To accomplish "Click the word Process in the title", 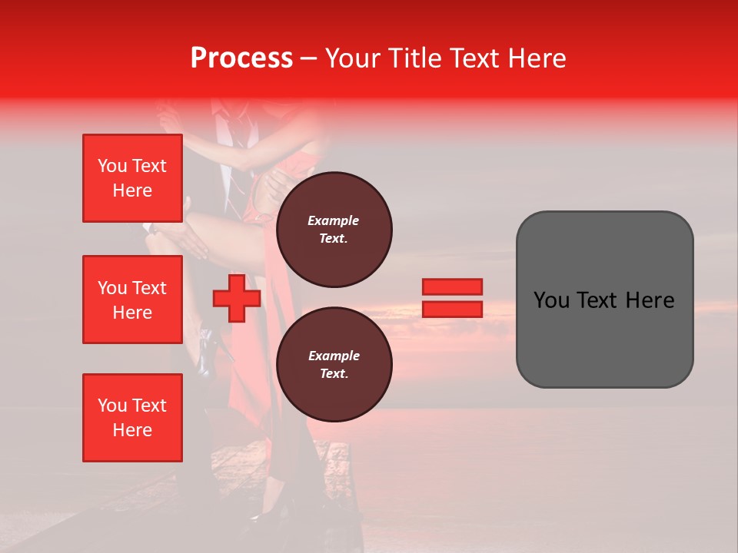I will (x=241, y=58).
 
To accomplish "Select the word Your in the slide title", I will (x=354, y=58).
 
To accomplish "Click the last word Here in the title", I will (x=535, y=58).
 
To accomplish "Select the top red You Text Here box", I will (x=132, y=178).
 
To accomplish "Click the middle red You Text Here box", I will (x=132, y=300).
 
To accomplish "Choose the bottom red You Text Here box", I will (x=132, y=418).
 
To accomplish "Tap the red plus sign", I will (x=236, y=299).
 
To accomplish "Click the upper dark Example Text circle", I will (x=334, y=229).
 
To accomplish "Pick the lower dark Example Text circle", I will (x=334, y=364).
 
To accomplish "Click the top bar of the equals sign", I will (x=452, y=286).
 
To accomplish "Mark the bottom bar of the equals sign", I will (x=452, y=310).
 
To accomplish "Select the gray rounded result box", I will (x=604, y=300).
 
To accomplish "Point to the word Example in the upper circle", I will (x=334, y=220).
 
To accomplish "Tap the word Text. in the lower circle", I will (x=334, y=373).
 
